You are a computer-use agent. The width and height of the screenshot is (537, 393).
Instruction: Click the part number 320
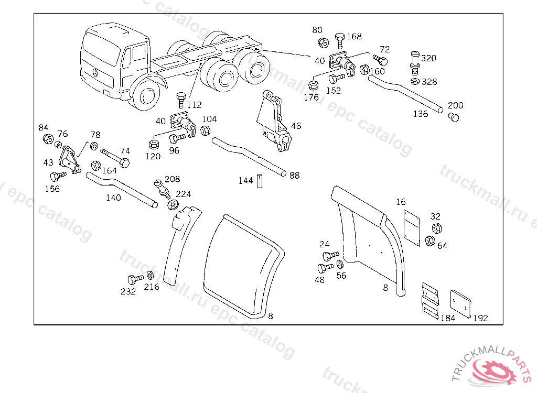coord(428,58)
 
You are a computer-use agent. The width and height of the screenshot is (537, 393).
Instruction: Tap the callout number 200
coord(455,105)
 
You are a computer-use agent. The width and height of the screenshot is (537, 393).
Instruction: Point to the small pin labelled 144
coord(259,180)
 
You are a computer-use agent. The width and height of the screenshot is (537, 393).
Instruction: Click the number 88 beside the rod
coord(295,176)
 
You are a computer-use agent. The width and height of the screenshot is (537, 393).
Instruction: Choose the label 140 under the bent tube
coord(113,198)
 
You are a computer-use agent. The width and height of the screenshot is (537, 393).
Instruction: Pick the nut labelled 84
coord(47,139)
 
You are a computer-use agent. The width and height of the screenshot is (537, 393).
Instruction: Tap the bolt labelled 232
coord(134,279)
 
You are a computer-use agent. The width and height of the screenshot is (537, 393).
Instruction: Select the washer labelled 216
coord(150,275)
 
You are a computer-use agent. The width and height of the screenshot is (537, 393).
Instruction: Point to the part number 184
coord(447,318)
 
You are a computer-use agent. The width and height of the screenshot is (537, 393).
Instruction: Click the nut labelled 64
coord(429,241)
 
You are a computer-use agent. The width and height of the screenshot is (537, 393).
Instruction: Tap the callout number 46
coord(296,126)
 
